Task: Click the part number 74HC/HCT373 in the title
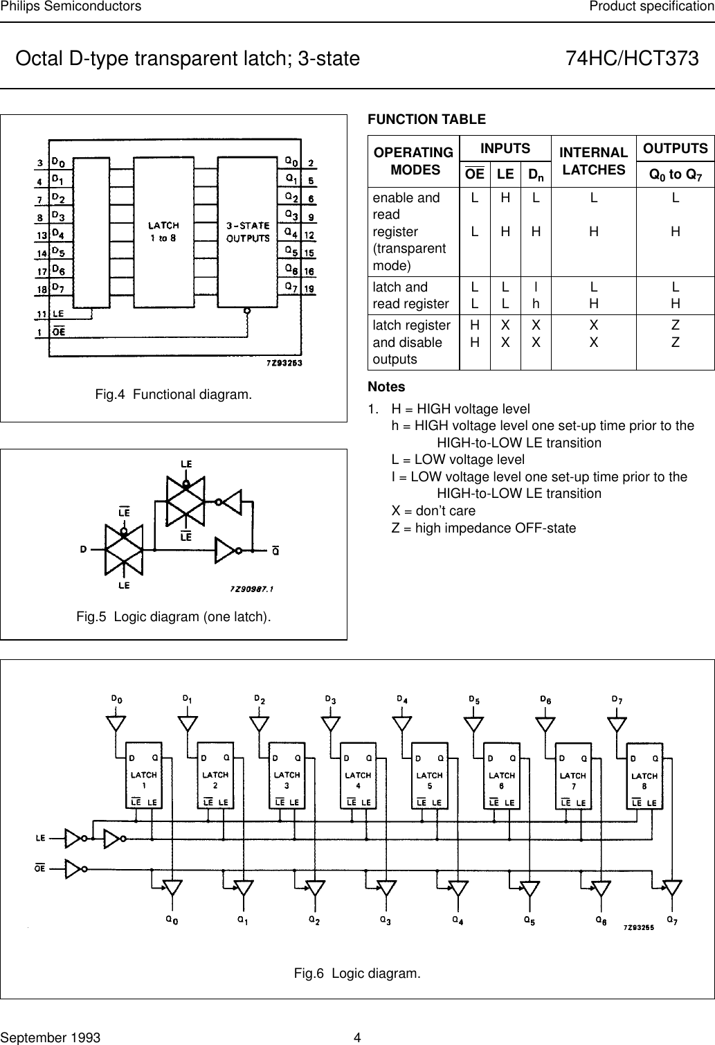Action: pos(632,59)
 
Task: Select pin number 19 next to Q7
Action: pos(310,287)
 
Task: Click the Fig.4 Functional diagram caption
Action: pos(174,395)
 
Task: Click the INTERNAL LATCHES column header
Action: pos(593,161)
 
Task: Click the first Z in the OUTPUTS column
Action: pos(676,325)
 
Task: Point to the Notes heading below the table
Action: pos(386,386)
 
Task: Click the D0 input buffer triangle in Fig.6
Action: pos(116,723)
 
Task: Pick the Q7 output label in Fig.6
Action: pos(671,920)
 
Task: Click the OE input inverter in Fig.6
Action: pos(73,868)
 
